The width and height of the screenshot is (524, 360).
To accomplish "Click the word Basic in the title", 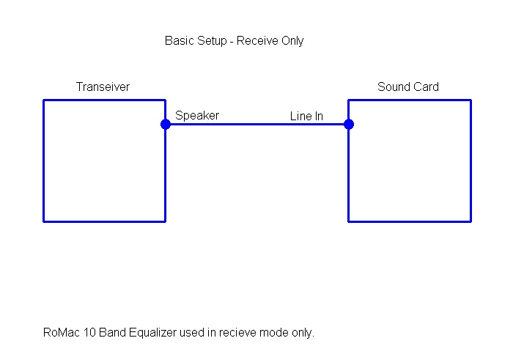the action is click(x=180, y=41).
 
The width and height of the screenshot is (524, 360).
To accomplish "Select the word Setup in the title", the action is click(x=212, y=41).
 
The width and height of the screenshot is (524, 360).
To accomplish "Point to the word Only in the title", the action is click(x=292, y=41).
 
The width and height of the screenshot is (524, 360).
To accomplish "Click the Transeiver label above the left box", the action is click(x=103, y=87).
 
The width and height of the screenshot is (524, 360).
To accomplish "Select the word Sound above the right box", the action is click(x=391, y=87).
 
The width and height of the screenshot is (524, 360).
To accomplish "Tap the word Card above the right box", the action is click(x=424, y=87).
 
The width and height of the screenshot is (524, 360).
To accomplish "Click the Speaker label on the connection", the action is click(x=197, y=116).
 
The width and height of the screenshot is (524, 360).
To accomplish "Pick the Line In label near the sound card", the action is click(x=306, y=117).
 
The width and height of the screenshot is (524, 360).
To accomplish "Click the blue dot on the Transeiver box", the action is click(x=166, y=125).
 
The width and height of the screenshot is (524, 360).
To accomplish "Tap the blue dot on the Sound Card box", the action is click(x=349, y=125).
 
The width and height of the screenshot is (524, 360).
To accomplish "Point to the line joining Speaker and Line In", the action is click(x=257, y=125).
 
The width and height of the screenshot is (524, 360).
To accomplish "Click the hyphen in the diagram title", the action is click(x=232, y=42).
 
